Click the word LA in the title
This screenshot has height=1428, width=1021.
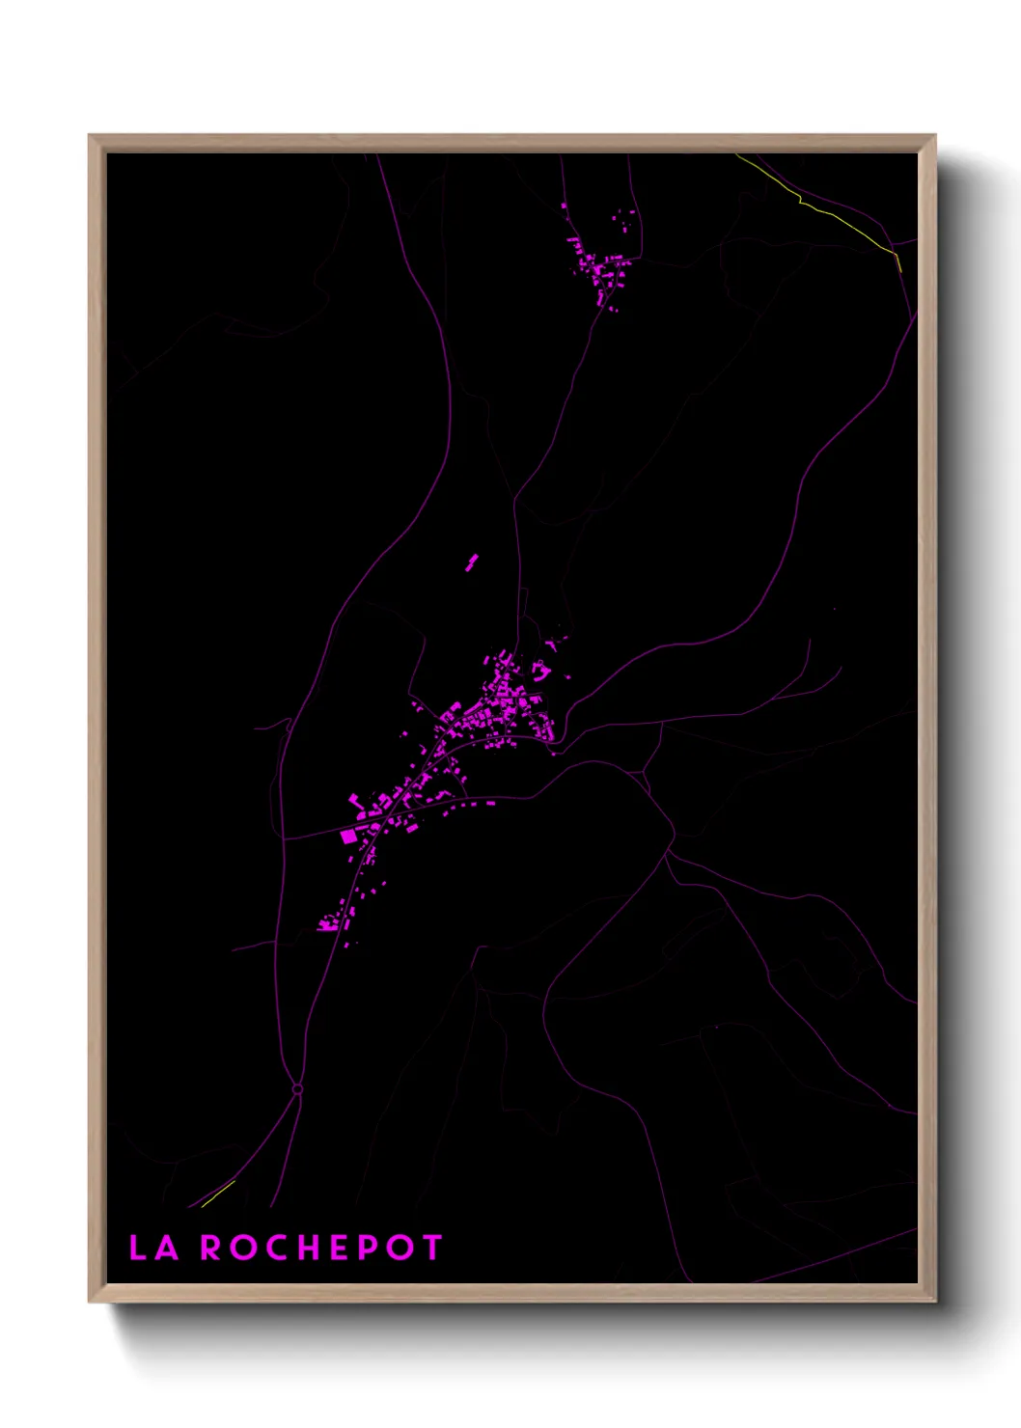click(154, 1248)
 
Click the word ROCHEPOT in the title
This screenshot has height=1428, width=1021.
click(321, 1248)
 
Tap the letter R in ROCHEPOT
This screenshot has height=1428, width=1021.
click(210, 1248)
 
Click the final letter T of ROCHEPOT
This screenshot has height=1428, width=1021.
click(431, 1248)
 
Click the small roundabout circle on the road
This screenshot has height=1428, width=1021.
click(297, 1089)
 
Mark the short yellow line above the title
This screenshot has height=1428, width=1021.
click(218, 1194)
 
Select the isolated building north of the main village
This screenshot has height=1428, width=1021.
click(472, 562)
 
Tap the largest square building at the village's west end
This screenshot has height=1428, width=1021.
click(349, 837)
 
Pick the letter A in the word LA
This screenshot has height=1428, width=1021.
click(166, 1248)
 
